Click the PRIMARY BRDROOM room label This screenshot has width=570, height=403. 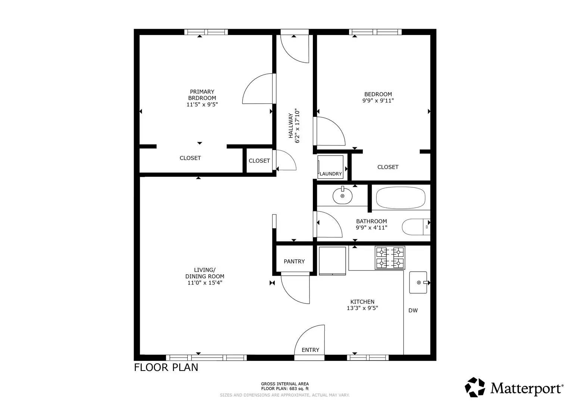point(202,95)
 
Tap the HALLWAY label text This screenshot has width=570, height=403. point(291,126)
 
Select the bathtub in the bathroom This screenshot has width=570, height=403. point(400,198)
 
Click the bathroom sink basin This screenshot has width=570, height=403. point(342,196)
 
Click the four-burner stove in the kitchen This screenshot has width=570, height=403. point(390,258)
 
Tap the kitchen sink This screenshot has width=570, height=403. point(418,282)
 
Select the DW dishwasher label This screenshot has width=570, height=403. point(413,310)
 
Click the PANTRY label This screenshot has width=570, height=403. point(294,262)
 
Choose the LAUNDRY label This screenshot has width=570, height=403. point(331,174)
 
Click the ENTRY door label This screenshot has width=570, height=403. point(310,350)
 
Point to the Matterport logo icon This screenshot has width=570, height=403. point(475,387)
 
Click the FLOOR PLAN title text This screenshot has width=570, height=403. point(166,368)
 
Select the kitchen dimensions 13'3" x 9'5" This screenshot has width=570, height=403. point(362,308)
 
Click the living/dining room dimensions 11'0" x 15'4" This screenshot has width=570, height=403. point(205,283)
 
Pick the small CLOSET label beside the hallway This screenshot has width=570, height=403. point(259,161)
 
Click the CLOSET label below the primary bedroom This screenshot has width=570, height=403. point(190,158)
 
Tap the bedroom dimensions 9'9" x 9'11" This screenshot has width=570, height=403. point(378,101)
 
